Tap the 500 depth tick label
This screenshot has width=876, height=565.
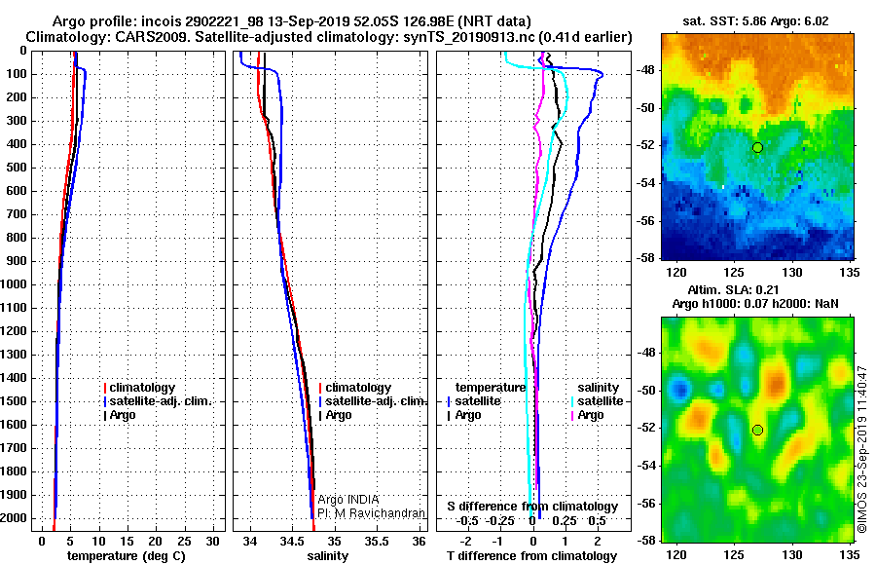point(17,168)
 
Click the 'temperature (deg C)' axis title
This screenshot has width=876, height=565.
point(127,556)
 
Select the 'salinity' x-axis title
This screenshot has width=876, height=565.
point(328,556)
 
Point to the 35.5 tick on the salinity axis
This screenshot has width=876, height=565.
point(377,542)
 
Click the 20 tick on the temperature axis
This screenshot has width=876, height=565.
point(156,542)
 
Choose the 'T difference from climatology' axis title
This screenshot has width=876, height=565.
point(532,556)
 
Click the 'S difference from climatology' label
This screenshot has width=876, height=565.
point(532,507)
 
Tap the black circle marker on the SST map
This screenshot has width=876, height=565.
point(757,148)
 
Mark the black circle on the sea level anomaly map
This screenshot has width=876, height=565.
point(757,431)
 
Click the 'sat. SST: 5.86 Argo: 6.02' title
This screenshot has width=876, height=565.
point(756,21)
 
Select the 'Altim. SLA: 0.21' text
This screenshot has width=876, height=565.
point(733,289)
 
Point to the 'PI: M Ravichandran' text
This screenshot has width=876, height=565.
point(371,513)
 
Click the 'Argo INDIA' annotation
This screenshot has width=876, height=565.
point(348,500)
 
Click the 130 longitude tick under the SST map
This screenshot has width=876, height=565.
point(791,273)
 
